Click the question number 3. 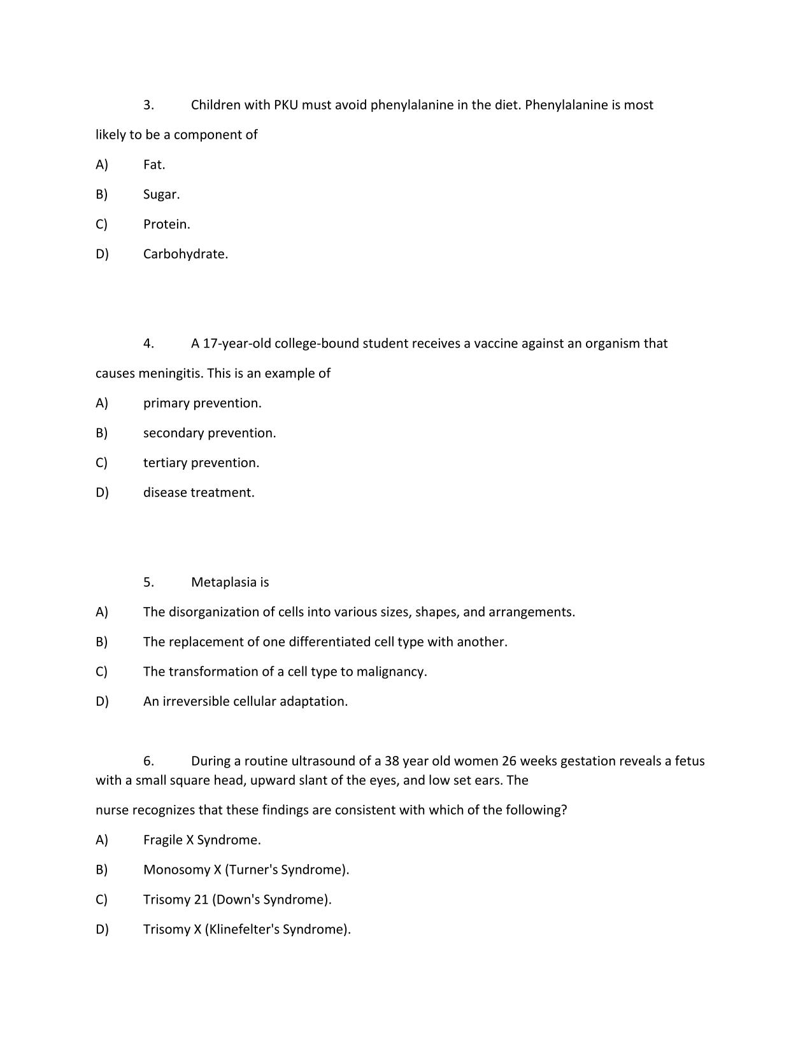(x=148, y=105)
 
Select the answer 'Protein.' (x=166, y=224)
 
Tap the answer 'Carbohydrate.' (x=185, y=254)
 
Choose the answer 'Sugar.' (x=161, y=194)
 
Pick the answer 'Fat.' (x=154, y=164)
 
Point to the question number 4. (x=148, y=344)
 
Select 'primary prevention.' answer (x=202, y=403)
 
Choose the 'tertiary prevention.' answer (x=201, y=463)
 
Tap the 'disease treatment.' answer (x=199, y=493)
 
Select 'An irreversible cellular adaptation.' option (x=245, y=701)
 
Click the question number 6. (x=148, y=761)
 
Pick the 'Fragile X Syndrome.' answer (x=202, y=840)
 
